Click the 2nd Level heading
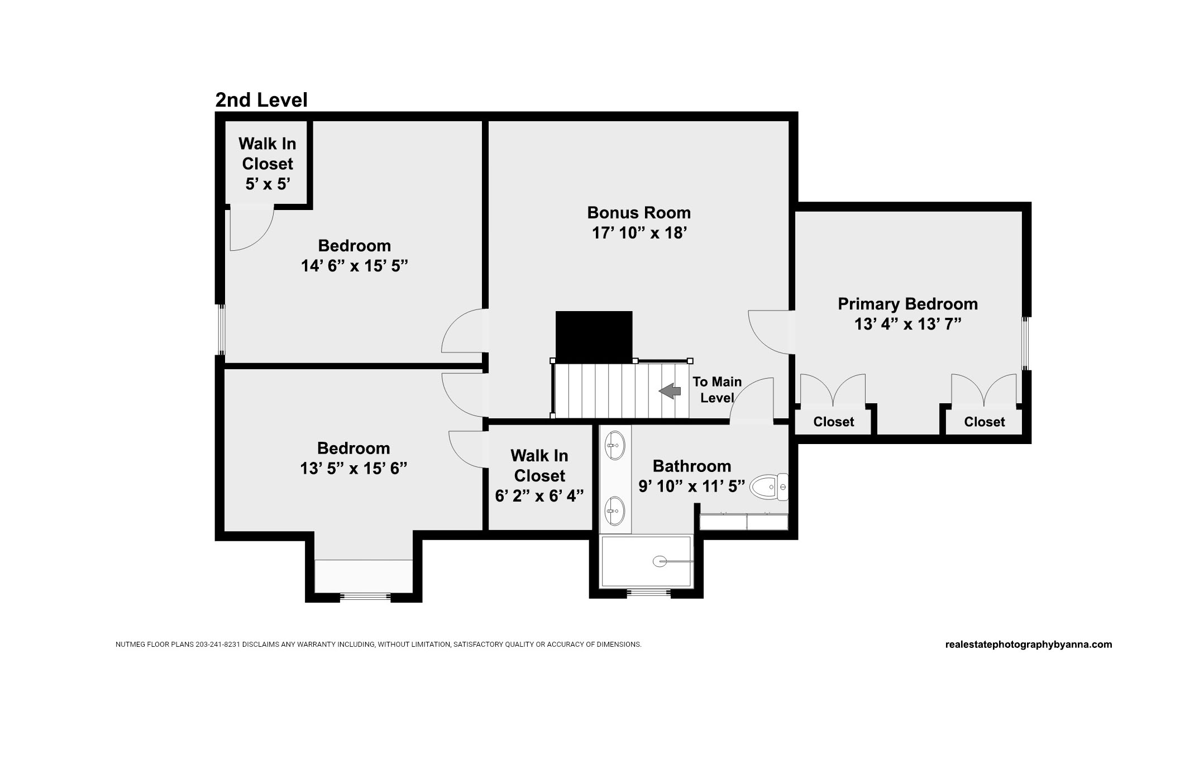(261, 100)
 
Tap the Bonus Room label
(639, 213)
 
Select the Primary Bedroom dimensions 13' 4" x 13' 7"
(907, 324)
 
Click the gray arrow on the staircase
(670, 391)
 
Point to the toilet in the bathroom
(768, 487)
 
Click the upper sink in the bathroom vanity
(615, 445)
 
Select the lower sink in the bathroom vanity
(615, 511)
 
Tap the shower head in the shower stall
(660, 561)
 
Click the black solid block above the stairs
(594, 336)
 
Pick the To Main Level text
(717, 390)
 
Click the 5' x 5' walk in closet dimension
(267, 184)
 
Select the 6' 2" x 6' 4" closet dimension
(539, 496)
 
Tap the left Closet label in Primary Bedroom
(833, 422)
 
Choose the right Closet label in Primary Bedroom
(984, 422)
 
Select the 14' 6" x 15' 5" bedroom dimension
(355, 266)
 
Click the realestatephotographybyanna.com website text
(1029, 645)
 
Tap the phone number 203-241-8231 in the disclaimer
(218, 645)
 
